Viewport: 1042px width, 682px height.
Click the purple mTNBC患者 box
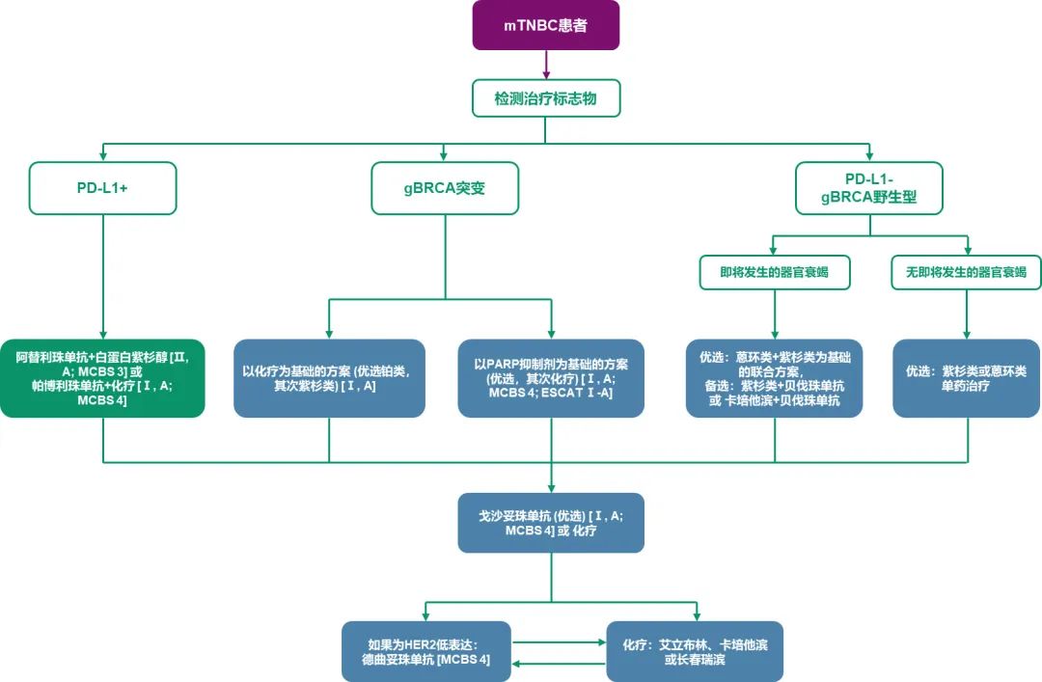545,26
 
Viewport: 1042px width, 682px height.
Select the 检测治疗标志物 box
545,98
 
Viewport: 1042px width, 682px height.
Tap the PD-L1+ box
103,188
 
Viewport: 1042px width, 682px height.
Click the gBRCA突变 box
445,188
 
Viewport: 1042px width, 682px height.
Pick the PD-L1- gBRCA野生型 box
868,188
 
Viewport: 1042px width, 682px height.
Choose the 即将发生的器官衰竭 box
776,273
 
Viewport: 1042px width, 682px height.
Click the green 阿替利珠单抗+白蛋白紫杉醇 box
103,378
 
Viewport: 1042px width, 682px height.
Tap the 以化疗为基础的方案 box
329,378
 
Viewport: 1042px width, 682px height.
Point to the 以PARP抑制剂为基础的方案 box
551,378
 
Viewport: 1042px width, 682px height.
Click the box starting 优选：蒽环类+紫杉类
775,378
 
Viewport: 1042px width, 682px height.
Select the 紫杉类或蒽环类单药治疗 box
967,378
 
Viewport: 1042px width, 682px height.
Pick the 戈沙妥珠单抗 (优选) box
551,523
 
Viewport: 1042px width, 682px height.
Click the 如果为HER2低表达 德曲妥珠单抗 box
425,652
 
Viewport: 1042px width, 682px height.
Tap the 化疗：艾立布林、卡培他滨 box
695,652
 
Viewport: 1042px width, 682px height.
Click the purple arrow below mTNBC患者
546,65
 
